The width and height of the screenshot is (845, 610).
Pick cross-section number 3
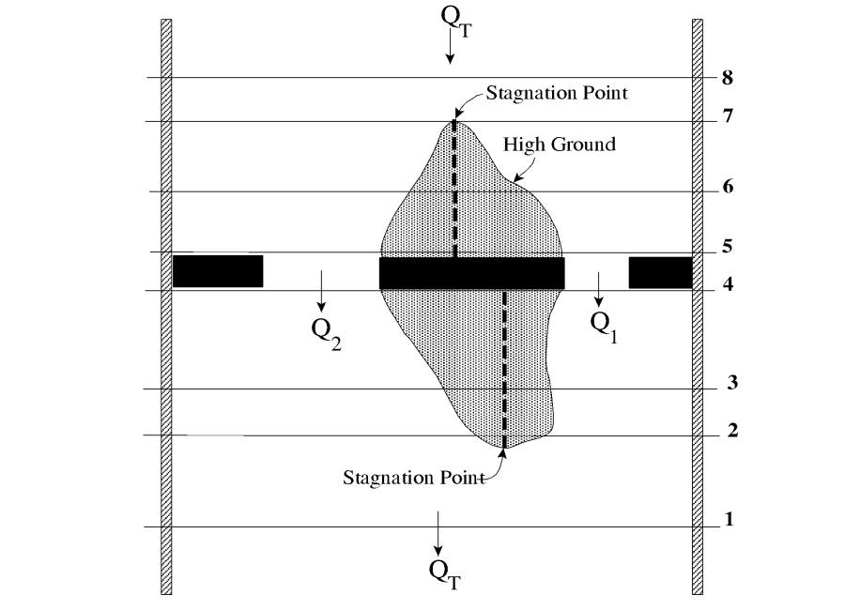click(x=731, y=384)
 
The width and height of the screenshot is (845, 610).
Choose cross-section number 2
click(x=731, y=431)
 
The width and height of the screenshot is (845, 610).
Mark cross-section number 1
click(x=728, y=519)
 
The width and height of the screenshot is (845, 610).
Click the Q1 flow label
click(x=604, y=325)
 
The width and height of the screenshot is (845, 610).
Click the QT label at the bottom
click(x=443, y=571)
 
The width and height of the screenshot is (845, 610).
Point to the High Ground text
click(x=560, y=145)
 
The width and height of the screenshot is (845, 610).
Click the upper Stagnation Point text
click(x=556, y=94)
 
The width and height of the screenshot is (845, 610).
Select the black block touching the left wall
click(x=218, y=271)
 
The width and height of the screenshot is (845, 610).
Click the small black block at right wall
click(x=660, y=271)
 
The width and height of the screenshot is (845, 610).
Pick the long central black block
click(x=471, y=272)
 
